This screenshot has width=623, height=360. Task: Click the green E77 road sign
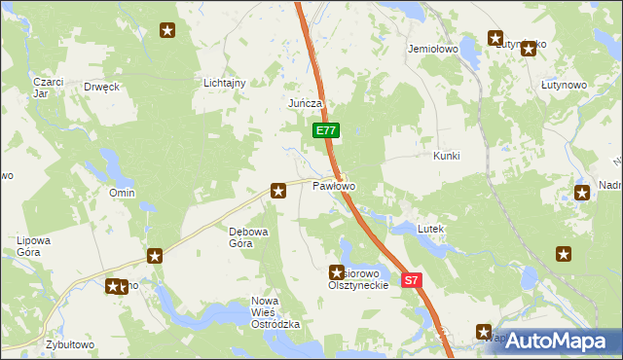tap(326, 130)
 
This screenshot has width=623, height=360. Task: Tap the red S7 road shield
tap(412, 280)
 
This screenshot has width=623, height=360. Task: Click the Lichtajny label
tap(224, 84)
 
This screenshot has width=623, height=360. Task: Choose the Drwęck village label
tap(101, 87)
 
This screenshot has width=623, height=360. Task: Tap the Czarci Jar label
tap(47, 88)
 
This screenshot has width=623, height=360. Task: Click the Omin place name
tap(122, 194)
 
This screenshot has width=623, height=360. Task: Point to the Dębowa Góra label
tap(240, 237)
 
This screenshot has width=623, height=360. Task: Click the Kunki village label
tap(446, 156)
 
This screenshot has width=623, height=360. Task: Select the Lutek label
tap(430, 229)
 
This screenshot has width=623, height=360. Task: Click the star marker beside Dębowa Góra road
tap(278, 191)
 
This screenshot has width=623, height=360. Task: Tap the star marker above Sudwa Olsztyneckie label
tap(338, 273)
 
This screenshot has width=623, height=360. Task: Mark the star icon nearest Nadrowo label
tap(583, 193)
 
